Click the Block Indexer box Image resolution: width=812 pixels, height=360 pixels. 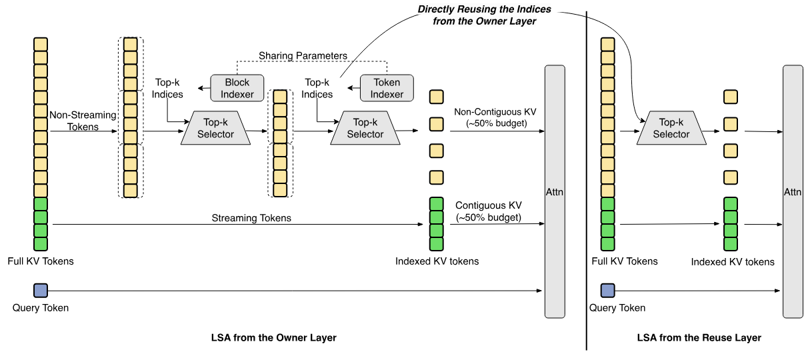[x=237, y=88]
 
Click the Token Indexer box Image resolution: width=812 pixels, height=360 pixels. [x=387, y=88]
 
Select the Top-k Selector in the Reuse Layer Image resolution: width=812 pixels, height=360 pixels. [x=671, y=128]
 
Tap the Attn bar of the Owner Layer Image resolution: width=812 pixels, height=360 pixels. [x=555, y=191]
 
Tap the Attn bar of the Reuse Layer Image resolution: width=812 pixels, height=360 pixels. [x=793, y=191]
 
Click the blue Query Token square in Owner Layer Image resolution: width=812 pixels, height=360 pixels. [x=41, y=291]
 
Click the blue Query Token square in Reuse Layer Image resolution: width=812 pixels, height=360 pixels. [x=607, y=291]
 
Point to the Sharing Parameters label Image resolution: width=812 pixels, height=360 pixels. [x=303, y=55]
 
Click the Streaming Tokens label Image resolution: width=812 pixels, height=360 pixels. [x=251, y=218]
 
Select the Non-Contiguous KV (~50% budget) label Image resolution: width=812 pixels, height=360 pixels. [x=495, y=117]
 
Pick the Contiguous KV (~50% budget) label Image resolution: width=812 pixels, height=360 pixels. [x=488, y=211]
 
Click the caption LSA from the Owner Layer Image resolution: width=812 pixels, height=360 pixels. [x=274, y=337]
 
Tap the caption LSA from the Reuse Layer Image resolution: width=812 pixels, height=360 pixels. [x=699, y=337]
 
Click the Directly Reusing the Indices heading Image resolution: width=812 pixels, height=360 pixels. [x=484, y=15]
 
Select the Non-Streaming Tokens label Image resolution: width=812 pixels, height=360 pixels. [x=83, y=121]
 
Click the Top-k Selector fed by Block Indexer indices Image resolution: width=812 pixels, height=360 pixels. [x=215, y=128]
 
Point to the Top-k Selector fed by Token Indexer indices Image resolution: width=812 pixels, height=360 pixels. [x=365, y=128]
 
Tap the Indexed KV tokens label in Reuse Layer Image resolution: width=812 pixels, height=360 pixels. [x=732, y=262]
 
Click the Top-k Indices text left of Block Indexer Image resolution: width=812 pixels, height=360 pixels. [x=167, y=88]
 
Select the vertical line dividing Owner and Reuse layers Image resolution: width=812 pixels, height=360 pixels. [x=586, y=181]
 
